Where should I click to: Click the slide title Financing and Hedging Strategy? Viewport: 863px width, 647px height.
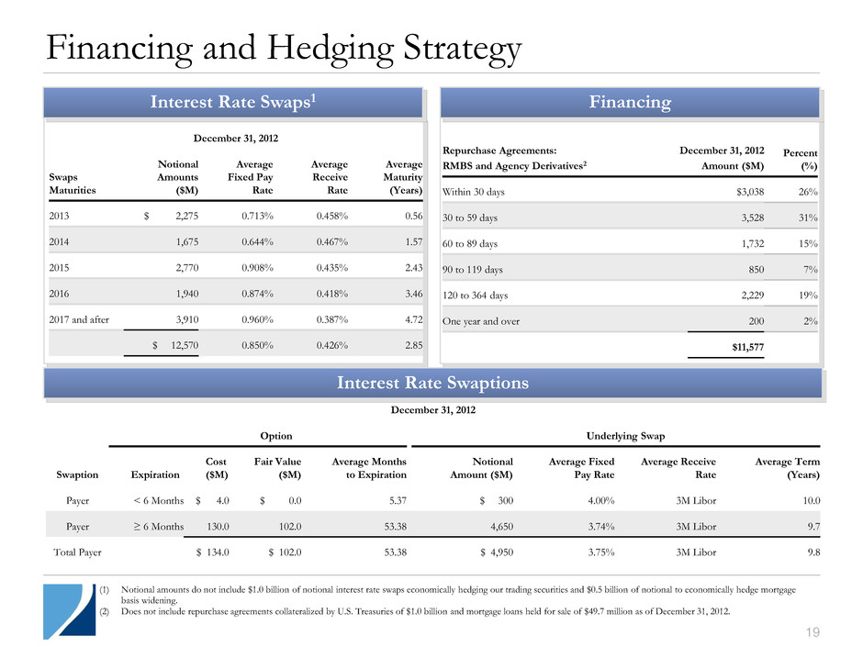[x=273, y=48]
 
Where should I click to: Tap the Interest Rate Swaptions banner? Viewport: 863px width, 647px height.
[x=432, y=383]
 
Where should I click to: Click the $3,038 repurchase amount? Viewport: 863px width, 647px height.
[x=745, y=192]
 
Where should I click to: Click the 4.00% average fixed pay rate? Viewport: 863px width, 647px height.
[x=596, y=501]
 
